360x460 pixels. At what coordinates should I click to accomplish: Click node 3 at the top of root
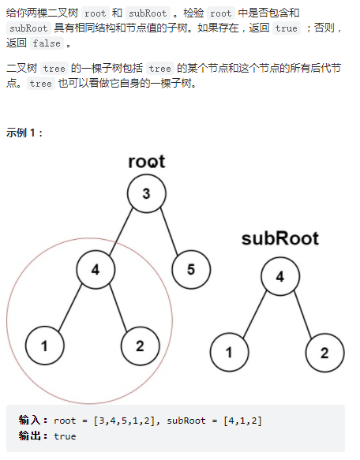pos(147,193)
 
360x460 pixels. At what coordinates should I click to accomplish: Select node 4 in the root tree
pos(96,270)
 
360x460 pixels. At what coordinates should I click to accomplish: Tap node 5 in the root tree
pos(191,270)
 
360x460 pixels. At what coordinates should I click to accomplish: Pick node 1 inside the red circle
pos(45,346)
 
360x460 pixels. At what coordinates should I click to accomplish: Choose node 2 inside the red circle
pos(141,346)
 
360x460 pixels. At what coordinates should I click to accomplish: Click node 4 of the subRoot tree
pos(280,276)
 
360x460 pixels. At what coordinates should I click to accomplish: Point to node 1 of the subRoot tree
pos(229,353)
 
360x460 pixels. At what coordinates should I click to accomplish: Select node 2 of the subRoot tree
pos(324,353)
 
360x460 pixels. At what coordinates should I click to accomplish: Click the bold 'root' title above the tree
pos(147,161)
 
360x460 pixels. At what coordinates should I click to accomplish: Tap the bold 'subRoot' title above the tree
pos(280,238)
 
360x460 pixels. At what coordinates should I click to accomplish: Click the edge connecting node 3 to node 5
pos(169,231)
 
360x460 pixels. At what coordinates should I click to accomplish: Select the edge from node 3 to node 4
pos(121,231)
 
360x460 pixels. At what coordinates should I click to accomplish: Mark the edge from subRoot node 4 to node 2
pos(302,314)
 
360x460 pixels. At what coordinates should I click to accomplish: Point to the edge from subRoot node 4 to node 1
pos(255,314)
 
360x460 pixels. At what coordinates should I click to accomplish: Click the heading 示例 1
pos(24,133)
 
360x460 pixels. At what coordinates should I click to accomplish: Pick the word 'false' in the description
pos(47,43)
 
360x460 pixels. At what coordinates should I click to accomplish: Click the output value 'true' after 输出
pos(65,436)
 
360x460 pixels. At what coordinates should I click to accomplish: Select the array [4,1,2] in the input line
pos(242,421)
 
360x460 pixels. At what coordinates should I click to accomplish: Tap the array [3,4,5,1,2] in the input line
pos(124,421)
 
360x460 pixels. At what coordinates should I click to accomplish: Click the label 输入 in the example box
pos(29,420)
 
